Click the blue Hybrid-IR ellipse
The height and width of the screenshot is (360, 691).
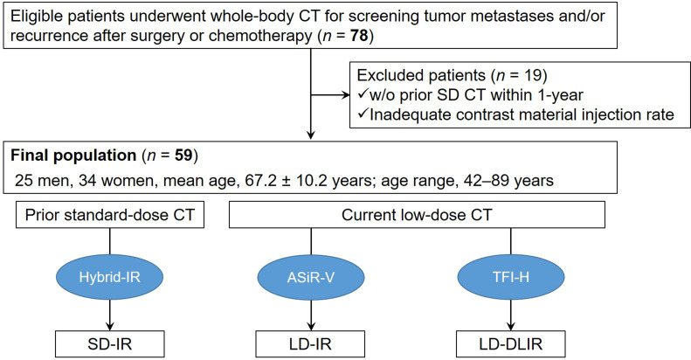[x=110, y=277]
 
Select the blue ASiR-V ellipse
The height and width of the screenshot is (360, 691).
[x=311, y=277]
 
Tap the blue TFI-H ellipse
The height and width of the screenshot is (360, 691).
[x=511, y=277]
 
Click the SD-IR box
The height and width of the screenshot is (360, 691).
[x=110, y=343]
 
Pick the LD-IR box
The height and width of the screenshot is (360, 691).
[x=310, y=343]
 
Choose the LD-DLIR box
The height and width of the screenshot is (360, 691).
[x=511, y=343]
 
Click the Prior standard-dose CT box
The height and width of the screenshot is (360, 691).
[x=110, y=215]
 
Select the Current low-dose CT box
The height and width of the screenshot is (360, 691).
[x=417, y=215]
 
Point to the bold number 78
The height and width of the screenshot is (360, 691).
[x=359, y=36]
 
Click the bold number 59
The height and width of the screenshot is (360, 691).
[x=183, y=156]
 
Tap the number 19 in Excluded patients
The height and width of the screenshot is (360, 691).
[x=532, y=75]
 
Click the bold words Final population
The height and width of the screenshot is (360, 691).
[x=73, y=156]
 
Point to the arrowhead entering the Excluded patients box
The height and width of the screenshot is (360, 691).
[x=345, y=94]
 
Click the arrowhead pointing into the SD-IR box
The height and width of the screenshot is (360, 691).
[x=110, y=326]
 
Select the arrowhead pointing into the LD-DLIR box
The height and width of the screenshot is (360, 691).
[x=511, y=326]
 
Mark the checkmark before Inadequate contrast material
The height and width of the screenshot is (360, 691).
[x=363, y=114]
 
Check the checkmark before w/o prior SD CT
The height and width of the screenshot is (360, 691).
[x=363, y=94]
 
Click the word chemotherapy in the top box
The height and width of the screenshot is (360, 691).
[x=260, y=36]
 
